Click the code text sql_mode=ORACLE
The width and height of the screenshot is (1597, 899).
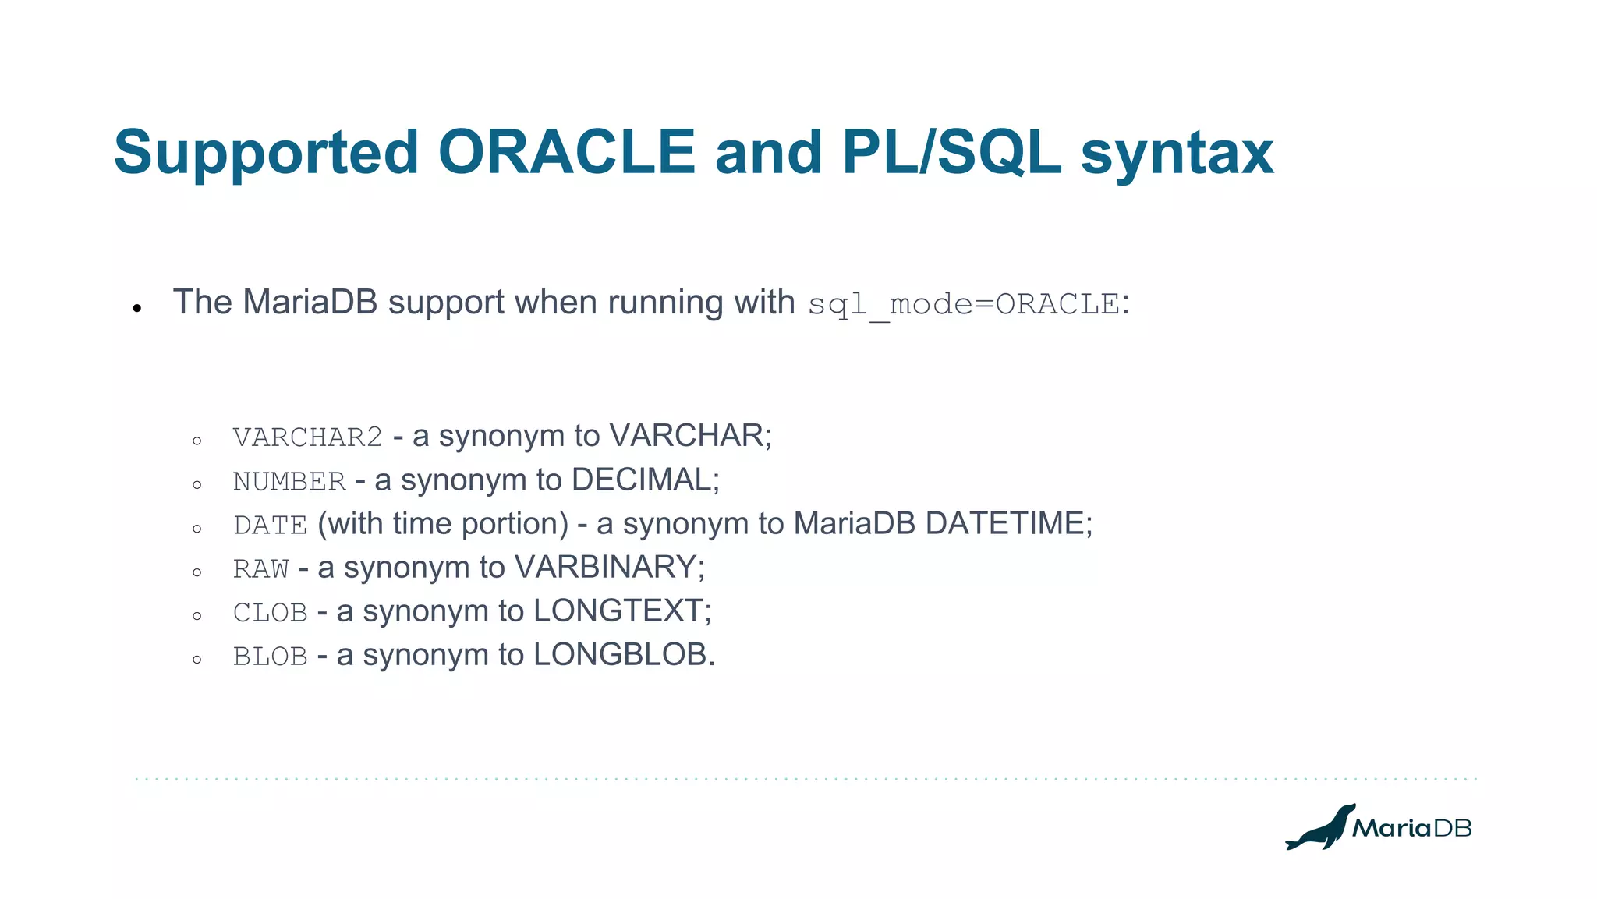[964, 304]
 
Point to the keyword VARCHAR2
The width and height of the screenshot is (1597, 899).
[307, 437]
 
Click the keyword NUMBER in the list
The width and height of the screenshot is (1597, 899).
[289, 481]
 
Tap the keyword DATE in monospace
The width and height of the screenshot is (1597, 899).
[270, 525]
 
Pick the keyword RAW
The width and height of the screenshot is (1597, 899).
[260, 568]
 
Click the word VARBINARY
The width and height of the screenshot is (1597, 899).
[605, 567]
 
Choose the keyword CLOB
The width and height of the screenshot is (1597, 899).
[270, 612]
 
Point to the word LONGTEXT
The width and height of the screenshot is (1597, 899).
[618, 611]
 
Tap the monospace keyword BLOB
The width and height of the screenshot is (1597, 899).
[270, 656]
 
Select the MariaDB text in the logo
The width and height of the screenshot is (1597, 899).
[1411, 828]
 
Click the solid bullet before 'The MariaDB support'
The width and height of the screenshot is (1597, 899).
[137, 309]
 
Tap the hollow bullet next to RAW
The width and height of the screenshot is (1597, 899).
[197, 572]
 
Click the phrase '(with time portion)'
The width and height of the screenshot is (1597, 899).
[443, 523]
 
